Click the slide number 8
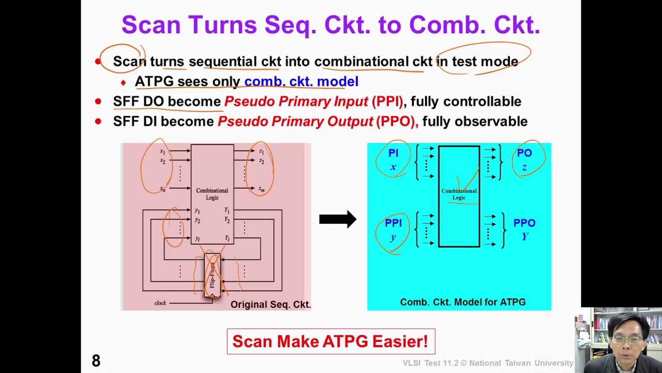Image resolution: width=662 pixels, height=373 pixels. point(96,361)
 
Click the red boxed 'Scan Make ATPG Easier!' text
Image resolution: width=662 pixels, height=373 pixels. point(330,342)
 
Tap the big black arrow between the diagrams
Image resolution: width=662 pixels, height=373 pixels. point(337,219)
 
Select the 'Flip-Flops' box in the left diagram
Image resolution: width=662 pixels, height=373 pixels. point(212,275)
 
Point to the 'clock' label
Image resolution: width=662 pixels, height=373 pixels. point(160,303)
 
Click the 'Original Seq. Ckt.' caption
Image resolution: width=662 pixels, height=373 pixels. point(270,305)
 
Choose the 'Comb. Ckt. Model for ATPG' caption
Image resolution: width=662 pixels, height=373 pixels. point(463,302)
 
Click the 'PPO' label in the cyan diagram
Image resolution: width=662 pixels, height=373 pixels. point(524,223)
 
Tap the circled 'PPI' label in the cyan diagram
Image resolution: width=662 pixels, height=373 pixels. point(393,223)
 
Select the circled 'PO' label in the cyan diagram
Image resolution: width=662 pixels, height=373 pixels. point(524,153)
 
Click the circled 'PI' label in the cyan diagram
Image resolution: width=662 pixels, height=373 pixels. point(393,153)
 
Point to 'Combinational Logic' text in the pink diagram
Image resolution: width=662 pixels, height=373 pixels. point(212,194)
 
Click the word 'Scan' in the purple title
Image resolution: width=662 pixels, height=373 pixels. point(153,25)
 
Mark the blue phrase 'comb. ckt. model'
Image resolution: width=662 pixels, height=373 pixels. point(301,81)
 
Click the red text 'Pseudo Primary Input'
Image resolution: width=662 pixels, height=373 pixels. point(296,102)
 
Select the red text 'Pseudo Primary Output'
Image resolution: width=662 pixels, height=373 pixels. point(295,121)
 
